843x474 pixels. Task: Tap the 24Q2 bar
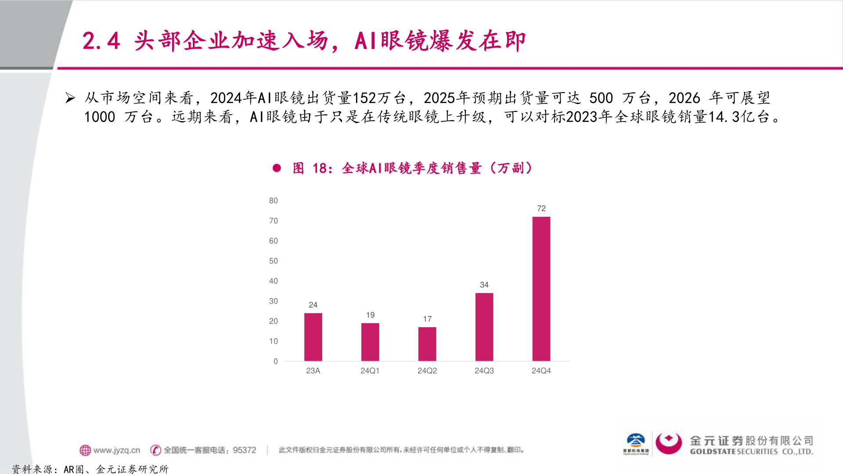427,344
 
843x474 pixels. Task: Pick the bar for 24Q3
484,327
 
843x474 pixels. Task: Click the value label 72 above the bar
541,208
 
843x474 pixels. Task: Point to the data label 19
370,315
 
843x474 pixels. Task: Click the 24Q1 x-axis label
370,371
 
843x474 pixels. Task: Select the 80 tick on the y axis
273,201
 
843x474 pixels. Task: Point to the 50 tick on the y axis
273,261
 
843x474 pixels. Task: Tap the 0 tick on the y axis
275,362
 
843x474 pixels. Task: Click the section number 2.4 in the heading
101,41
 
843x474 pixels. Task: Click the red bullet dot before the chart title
277,168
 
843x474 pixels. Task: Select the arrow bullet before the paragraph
70,98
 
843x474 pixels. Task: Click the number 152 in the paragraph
364,98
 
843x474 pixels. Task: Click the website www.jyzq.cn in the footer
116,450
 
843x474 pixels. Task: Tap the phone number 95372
244,450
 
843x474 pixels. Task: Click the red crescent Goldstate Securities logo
668,443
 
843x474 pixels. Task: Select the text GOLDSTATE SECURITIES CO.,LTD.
751,452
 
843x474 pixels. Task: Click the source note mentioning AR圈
90,469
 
